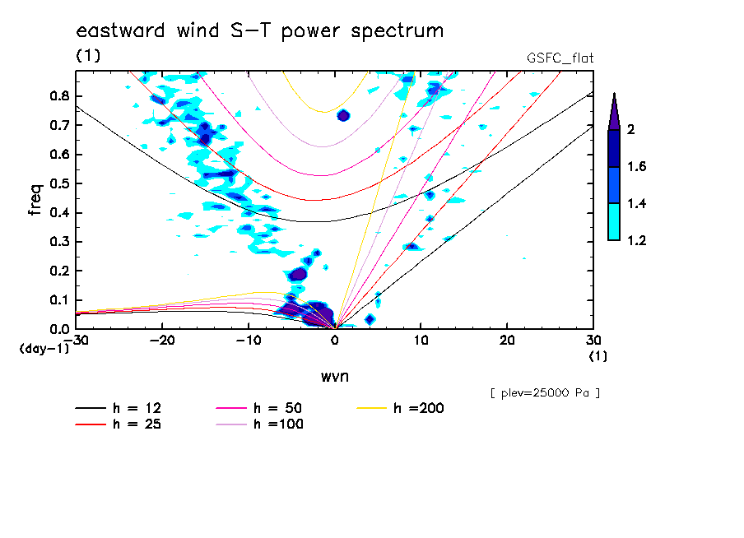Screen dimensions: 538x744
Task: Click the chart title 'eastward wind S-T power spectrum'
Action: click(259, 32)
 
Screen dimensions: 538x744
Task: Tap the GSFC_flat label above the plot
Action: click(560, 58)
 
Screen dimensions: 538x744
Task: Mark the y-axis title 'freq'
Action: click(35, 200)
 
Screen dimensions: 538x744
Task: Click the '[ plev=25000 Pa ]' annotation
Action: click(545, 393)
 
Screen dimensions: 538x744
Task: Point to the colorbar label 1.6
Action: click(637, 167)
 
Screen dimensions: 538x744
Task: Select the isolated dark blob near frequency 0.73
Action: click(344, 115)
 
